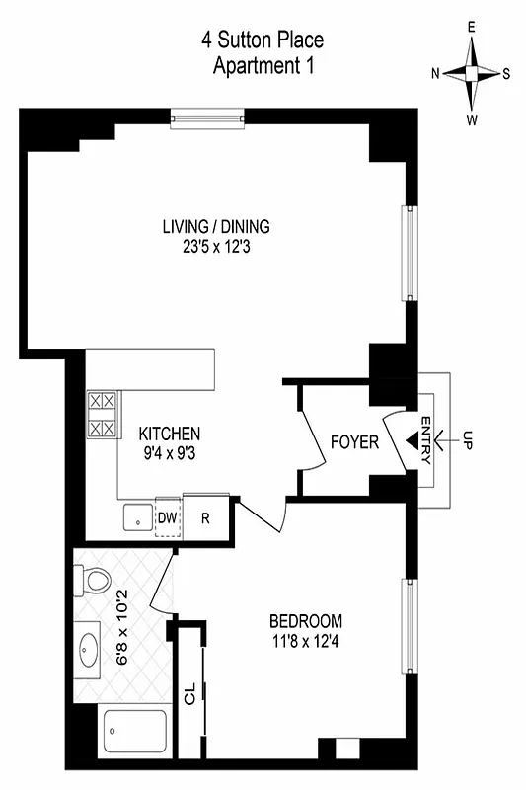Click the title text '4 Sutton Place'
coord(263,40)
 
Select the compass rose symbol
coord(475,73)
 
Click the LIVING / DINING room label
coord(216,227)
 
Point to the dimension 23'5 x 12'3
coord(216,248)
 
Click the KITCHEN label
coord(170,434)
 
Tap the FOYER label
coord(354,442)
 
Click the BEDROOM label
coord(306,621)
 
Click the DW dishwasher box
coord(168,516)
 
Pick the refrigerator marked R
coord(205,516)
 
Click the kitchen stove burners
coord(102,416)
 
